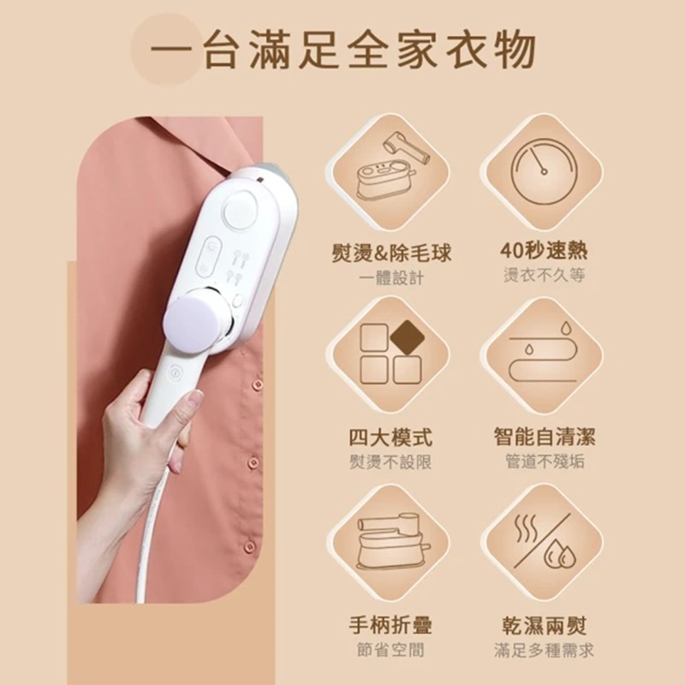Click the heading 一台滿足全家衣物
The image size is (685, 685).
343,51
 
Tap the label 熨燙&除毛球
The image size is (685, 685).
391,253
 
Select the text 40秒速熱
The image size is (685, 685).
544,251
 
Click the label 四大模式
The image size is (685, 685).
390,438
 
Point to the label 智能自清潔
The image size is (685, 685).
545,437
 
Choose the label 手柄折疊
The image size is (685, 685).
390,625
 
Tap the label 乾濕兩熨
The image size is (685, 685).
545,625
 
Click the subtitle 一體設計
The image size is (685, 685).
391,277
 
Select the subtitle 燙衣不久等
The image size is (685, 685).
544,275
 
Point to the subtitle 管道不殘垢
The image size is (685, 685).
545,462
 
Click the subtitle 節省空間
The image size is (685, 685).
390,650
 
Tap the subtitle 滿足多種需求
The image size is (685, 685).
545,650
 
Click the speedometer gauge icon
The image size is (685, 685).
544,172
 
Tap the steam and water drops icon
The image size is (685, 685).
544,541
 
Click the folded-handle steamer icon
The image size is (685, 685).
390,541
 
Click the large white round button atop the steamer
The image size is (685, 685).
240,210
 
